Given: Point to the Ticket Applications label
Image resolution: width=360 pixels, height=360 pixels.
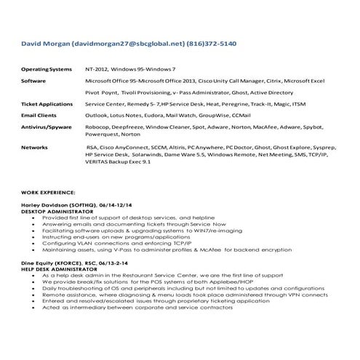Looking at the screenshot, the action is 47,104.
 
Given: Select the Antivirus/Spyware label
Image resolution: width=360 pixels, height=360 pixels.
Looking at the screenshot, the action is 45,126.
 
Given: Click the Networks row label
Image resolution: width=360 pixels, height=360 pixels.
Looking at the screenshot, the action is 34,147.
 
